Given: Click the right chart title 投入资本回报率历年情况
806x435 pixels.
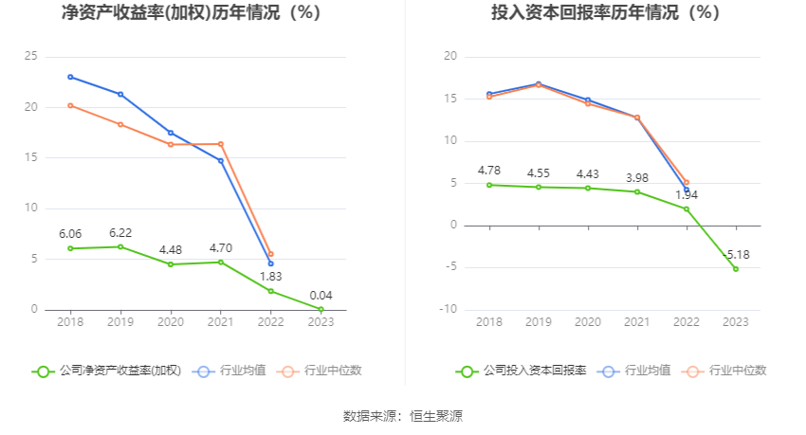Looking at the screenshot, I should click(x=605, y=13).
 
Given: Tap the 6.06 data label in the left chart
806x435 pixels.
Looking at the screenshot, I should click(x=70, y=233).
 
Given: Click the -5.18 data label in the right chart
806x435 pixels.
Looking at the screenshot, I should click(x=736, y=255).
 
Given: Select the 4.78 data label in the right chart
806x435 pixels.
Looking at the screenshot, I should click(x=489, y=171).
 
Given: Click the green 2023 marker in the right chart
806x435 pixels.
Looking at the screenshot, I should click(x=736, y=269).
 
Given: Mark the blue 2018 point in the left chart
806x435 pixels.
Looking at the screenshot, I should click(x=70, y=77).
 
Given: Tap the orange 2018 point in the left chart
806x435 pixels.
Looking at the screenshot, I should click(x=70, y=105).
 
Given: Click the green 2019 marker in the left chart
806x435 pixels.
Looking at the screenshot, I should click(x=120, y=246).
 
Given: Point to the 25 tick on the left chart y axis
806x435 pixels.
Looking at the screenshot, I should click(x=31, y=57).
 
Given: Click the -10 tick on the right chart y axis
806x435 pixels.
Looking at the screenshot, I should click(x=449, y=310).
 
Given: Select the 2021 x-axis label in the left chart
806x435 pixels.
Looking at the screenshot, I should click(x=220, y=323).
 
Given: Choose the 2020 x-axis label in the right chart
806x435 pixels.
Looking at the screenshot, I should click(x=588, y=323).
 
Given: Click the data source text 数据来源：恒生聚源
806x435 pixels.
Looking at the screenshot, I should click(x=403, y=416).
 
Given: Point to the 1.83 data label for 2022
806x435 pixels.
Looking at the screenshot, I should click(x=270, y=276).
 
